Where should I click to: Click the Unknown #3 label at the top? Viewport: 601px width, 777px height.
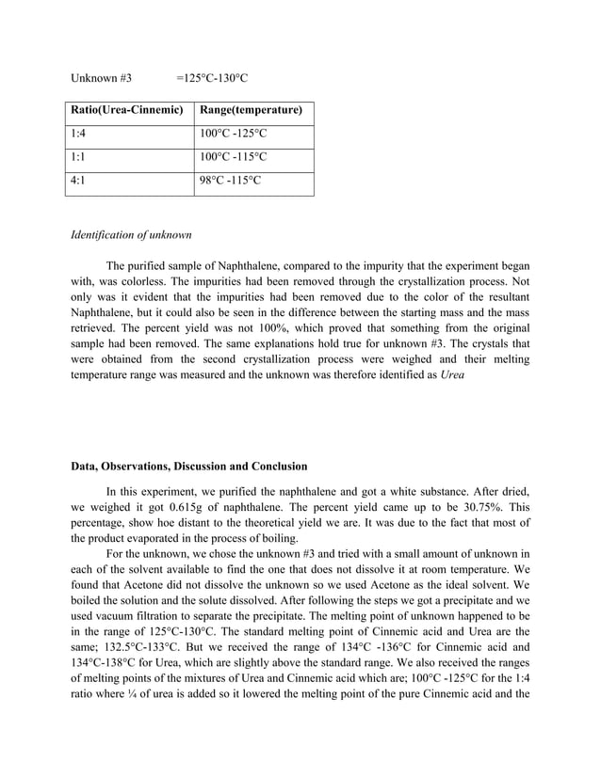tap(101, 77)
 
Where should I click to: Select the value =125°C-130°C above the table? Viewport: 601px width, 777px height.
tap(212, 77)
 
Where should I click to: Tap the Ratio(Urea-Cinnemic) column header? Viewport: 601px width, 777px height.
tap(127, 111)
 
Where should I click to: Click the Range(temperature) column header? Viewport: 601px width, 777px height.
tap(251, 111)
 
